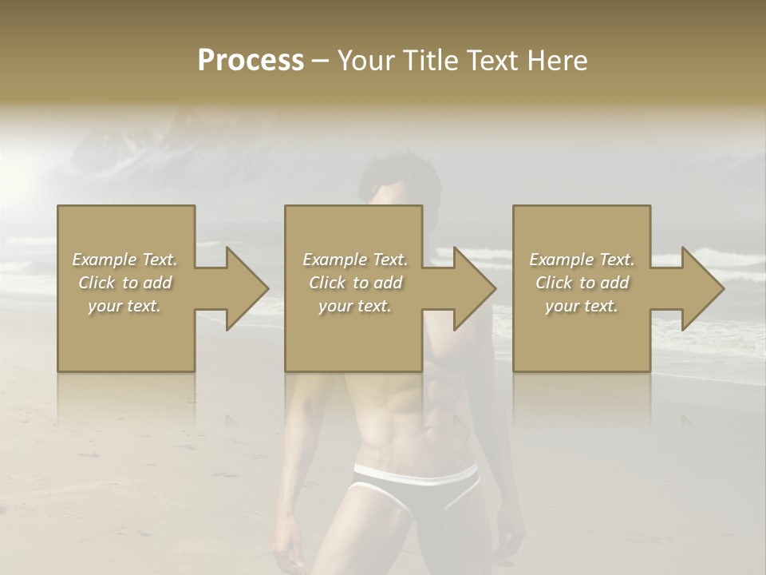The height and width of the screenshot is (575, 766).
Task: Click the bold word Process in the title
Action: pyautogui.click(x=251, y=61)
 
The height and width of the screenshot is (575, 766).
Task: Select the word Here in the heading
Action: pyautogui.click(x=557, y=61)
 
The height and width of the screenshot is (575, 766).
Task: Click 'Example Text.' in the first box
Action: pyautogui.click(x=124, y=260)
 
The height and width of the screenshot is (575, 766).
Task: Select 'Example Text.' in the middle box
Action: pyautogui.click(x=354, y=260)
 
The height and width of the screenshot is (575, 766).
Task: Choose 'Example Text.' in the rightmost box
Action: pyautogui.click(x=582, y=260)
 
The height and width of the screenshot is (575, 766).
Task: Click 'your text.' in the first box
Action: pyautogui.click(x=124, y=306)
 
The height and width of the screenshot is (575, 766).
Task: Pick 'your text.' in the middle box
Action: pyautogui.click(x=354, y=306)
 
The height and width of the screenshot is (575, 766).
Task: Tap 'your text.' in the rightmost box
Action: pyautogui.click(x=582, y=306)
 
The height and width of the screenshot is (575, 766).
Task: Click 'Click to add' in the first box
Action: pyautogui.click(x=124, y=283)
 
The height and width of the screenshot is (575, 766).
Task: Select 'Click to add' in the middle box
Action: pyautogui.click(x=354, y=283)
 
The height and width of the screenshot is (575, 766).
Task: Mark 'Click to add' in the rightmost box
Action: pyautogui.click(x=582, y=283)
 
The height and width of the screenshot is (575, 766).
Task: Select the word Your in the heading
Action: pyautogui.click(x=365, y=61)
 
